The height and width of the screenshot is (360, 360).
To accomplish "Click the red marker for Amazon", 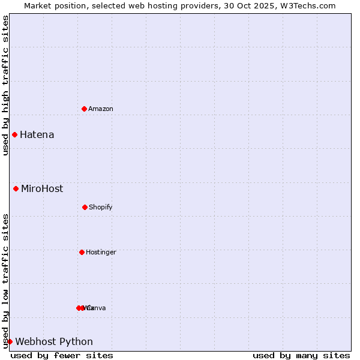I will click(x=84, y=109).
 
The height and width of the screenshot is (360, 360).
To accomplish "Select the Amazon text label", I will click(x=101, y=109).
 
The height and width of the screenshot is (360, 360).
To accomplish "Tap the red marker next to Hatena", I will click(x=14, y=134).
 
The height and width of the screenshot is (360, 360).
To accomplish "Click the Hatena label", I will click(x=37, y=134).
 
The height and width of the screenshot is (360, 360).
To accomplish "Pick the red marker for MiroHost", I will click(x=16, y=188).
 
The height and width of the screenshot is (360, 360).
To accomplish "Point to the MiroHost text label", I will click(x=42, y=188).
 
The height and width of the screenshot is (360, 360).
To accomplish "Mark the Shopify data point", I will click(x=85, y=207).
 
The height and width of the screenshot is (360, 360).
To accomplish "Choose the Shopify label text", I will click(x=101, y=207).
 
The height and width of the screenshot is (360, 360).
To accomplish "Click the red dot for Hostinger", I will click(x=82, y=252).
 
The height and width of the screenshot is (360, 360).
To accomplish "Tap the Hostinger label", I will click(x=101, y=252).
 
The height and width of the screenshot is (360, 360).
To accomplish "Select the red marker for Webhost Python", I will click(x=10, y=341).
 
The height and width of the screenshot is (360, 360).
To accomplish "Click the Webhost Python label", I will click(x=54, y=341).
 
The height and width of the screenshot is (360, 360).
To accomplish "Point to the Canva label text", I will click(x=97, y=308).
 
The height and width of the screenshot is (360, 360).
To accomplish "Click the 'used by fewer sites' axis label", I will click(x=62, y=355).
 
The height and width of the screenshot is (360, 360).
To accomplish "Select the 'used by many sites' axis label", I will click(x=301, y=355).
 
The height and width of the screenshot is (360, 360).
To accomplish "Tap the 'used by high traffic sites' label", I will click(x=5, y=85).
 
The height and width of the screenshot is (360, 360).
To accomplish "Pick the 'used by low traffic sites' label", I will click(x=5, y=281).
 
